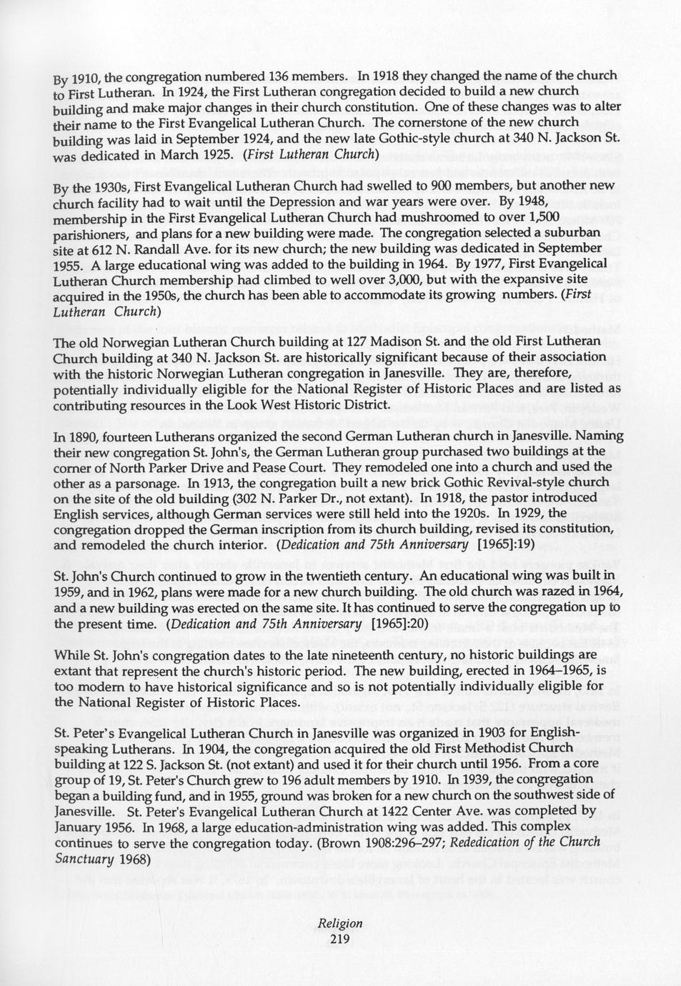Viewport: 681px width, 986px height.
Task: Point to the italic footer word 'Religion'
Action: (x=340, y=923)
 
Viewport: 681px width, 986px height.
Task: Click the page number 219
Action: (x=340, y=939)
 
